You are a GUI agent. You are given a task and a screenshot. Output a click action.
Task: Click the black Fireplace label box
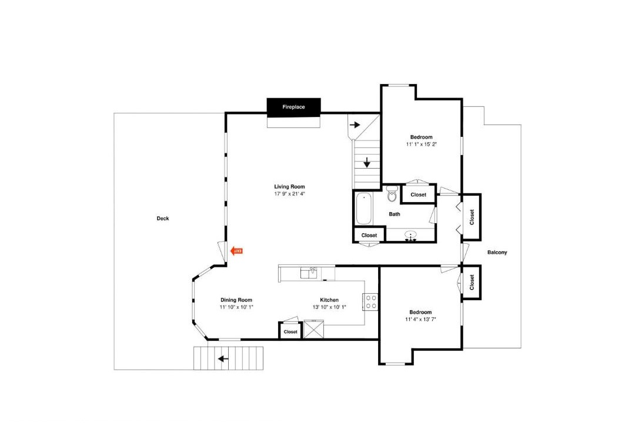tap(293, 108)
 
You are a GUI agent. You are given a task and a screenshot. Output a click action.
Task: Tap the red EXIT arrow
tap(236, 251)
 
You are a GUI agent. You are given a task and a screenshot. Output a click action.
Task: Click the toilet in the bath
tap(392, 194)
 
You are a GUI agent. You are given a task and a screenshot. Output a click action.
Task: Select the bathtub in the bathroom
tap(364, 209)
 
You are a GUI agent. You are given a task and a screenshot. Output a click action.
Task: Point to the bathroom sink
tap(412, 235)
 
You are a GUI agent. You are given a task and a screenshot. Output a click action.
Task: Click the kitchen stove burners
tap(370, 301)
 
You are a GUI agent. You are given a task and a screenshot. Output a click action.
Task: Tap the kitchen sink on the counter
tap(309, 273)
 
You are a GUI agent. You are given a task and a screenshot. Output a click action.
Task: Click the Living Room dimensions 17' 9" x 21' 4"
tap(289, 194)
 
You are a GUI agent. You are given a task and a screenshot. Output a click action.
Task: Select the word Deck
tap(163, 219)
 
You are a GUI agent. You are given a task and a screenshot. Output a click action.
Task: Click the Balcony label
tap(497, 253)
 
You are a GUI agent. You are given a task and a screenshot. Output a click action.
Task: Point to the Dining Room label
tap(236, 300)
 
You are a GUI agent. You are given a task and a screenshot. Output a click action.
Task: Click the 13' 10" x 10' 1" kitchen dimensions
tap(329, 307)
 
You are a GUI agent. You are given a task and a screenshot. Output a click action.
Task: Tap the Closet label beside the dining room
tap(290, 332)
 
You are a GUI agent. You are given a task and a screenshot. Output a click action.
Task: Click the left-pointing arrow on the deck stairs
tap(223, 358)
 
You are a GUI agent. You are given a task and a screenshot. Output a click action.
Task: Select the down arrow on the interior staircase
tap(367, 162)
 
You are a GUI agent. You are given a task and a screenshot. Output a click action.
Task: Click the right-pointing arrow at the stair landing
tap(355, 125)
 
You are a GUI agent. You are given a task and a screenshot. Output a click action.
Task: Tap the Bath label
tap(395, 214)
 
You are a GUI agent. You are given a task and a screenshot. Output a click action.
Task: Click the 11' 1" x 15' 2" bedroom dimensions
tap(421, 144)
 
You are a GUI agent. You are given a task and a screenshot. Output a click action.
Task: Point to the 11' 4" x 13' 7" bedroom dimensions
tap(420, 320)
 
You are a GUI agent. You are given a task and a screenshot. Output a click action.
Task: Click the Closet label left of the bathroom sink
tap(369, 235)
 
